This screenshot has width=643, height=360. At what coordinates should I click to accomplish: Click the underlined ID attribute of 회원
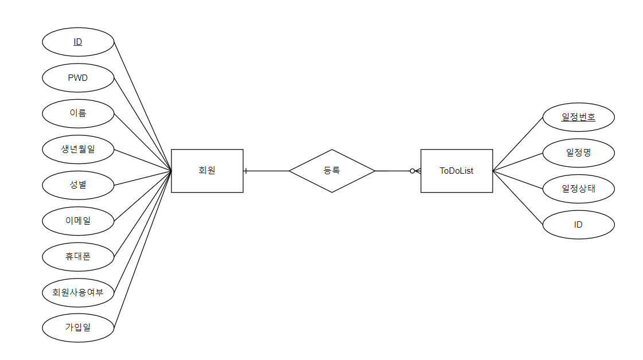[78, 42]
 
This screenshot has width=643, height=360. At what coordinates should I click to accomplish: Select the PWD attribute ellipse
[78, 77]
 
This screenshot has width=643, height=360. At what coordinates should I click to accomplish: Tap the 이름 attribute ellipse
[78, 114]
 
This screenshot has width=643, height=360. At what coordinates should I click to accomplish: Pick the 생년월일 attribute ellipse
[78, 149]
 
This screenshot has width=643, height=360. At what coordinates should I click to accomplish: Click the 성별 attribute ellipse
[78, 185]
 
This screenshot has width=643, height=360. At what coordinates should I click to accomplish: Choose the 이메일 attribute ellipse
[78, 221]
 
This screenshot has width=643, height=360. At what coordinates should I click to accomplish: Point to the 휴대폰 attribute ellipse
[78, 256]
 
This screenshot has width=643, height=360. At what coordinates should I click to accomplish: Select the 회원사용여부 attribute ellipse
[78, 292]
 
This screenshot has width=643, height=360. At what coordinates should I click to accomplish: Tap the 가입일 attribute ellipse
[78, 328]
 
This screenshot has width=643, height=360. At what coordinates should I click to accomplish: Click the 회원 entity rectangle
[207, 171]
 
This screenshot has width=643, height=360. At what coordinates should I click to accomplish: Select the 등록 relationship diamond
[332, 171]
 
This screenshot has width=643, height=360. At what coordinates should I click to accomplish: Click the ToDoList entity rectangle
[457, 171]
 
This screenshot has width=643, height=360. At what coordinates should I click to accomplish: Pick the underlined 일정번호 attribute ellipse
[578, 118]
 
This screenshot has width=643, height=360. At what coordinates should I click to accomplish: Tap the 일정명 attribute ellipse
[578, 153]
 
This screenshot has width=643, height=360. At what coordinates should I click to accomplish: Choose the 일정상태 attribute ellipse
[578, 189]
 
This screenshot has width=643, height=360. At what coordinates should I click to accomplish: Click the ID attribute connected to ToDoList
[578, 225]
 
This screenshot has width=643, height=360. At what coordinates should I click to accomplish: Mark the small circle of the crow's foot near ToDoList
[412, 171]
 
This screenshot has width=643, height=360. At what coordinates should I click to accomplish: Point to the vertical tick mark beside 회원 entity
[245, 171]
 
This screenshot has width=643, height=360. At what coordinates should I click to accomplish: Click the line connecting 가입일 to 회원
[143, 249]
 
